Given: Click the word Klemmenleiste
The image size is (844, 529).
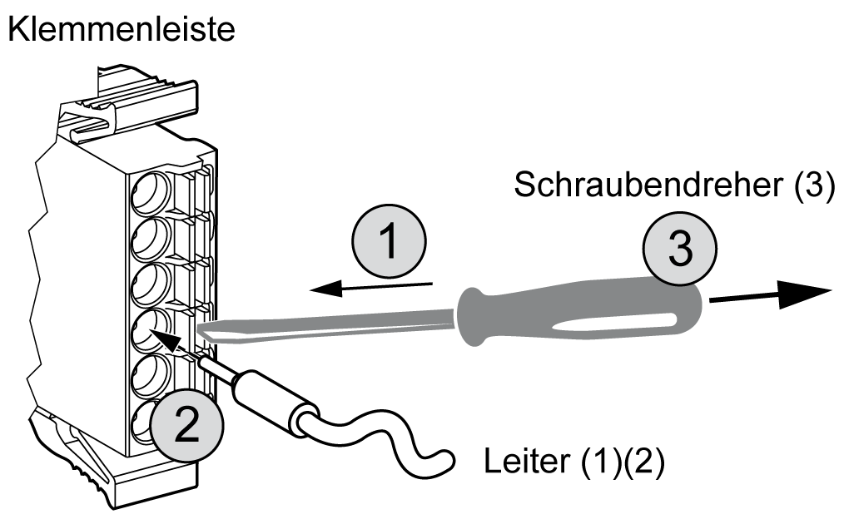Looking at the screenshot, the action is pyautogui.click(x=122, y=30).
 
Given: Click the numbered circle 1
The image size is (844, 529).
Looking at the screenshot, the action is pyautogui.click(x=389, y=241).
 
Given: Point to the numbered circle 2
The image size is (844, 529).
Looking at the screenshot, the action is pyautogui.click(x=186, y=424).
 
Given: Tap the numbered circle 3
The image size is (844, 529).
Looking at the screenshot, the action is pyautogui.click(x=680, y=249).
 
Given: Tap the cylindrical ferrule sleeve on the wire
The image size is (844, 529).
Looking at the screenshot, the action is pyautogui.click(x=273, y=403).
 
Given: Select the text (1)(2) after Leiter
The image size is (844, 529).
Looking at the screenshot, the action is pyautogui.click(x=623, y=461).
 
